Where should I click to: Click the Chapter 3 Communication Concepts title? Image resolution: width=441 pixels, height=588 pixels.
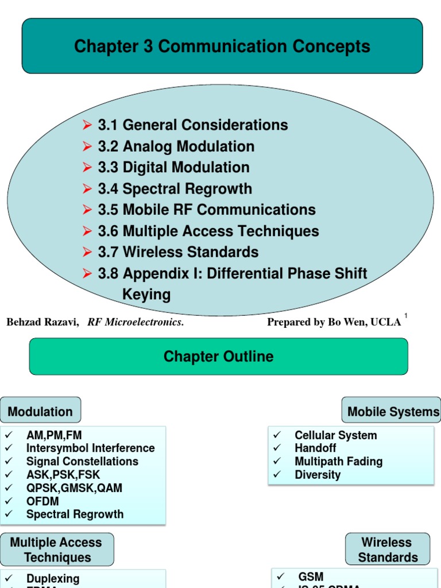click(x=222, y=47)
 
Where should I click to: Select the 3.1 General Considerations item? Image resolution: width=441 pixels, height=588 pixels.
click(x=193, y=125)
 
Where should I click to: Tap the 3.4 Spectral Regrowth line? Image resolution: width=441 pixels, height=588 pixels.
click(x=175, y=189)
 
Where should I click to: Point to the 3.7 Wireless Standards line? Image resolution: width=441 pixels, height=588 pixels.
click(x=178, y=252)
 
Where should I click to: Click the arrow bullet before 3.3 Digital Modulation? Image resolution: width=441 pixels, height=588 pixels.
click(x=87, y=168)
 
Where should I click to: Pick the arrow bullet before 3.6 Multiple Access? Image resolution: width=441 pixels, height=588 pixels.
click(x=87, y=231)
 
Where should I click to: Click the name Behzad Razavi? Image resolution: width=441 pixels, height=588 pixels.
click(x=42, y=322)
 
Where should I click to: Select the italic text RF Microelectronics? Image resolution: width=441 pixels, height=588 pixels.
click(x=136, y=322)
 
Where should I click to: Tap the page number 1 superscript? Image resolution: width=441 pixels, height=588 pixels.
click(x=406, y=316)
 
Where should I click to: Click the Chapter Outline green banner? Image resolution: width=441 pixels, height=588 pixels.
click(x=218, y=357)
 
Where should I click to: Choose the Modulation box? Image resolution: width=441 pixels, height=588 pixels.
click(x=40, y=412)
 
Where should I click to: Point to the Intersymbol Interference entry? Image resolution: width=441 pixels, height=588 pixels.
click(x=90, y=448)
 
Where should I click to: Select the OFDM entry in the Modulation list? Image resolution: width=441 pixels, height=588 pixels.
click(x=42, y=501)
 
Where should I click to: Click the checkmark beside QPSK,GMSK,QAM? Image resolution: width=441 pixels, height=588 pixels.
click(x=9, y=488)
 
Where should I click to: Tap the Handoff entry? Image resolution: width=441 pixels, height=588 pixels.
click(x=315, y=448)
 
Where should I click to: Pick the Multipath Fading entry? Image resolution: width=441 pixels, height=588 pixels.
click(x=338, y=461)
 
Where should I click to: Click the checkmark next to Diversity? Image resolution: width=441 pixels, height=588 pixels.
click(x=277, y=475)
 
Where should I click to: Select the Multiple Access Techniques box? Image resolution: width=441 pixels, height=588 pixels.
click(x=57, y=550)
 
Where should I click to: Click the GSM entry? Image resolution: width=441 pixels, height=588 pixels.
click(x=311, y=577)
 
